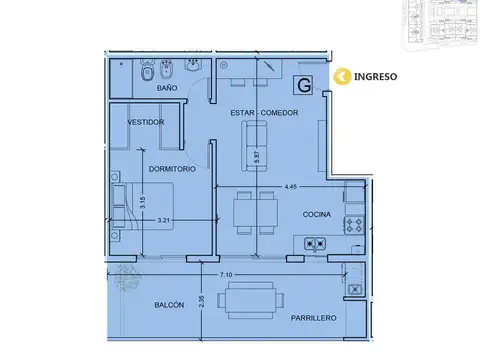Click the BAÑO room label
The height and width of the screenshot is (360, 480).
pyautogui.click(x=167, y=89)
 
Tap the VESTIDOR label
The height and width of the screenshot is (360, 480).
pyautogui.click(x=145, y=122)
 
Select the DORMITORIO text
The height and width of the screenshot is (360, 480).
pyautogui.click(x=172, y=170)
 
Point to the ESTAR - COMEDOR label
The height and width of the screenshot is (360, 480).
pyautogui.click(x=265, y=112)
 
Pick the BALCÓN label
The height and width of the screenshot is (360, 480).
pyautogui.click(x=168, y=305)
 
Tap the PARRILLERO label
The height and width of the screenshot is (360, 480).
pyautogui.click(x=314, y=317)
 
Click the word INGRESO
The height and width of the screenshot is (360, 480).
pyautogui.click(x=376, y=75)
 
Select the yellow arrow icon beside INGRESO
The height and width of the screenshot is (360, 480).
pyautogui.click(x=343, y=75)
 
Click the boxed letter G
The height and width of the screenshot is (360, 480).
pyautogui.click(x=303, y=86)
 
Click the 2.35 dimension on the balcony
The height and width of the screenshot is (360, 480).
pyautogui.click(x=201, y=304)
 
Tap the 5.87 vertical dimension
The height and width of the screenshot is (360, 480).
pyautogui.click(x=257, y=156)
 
